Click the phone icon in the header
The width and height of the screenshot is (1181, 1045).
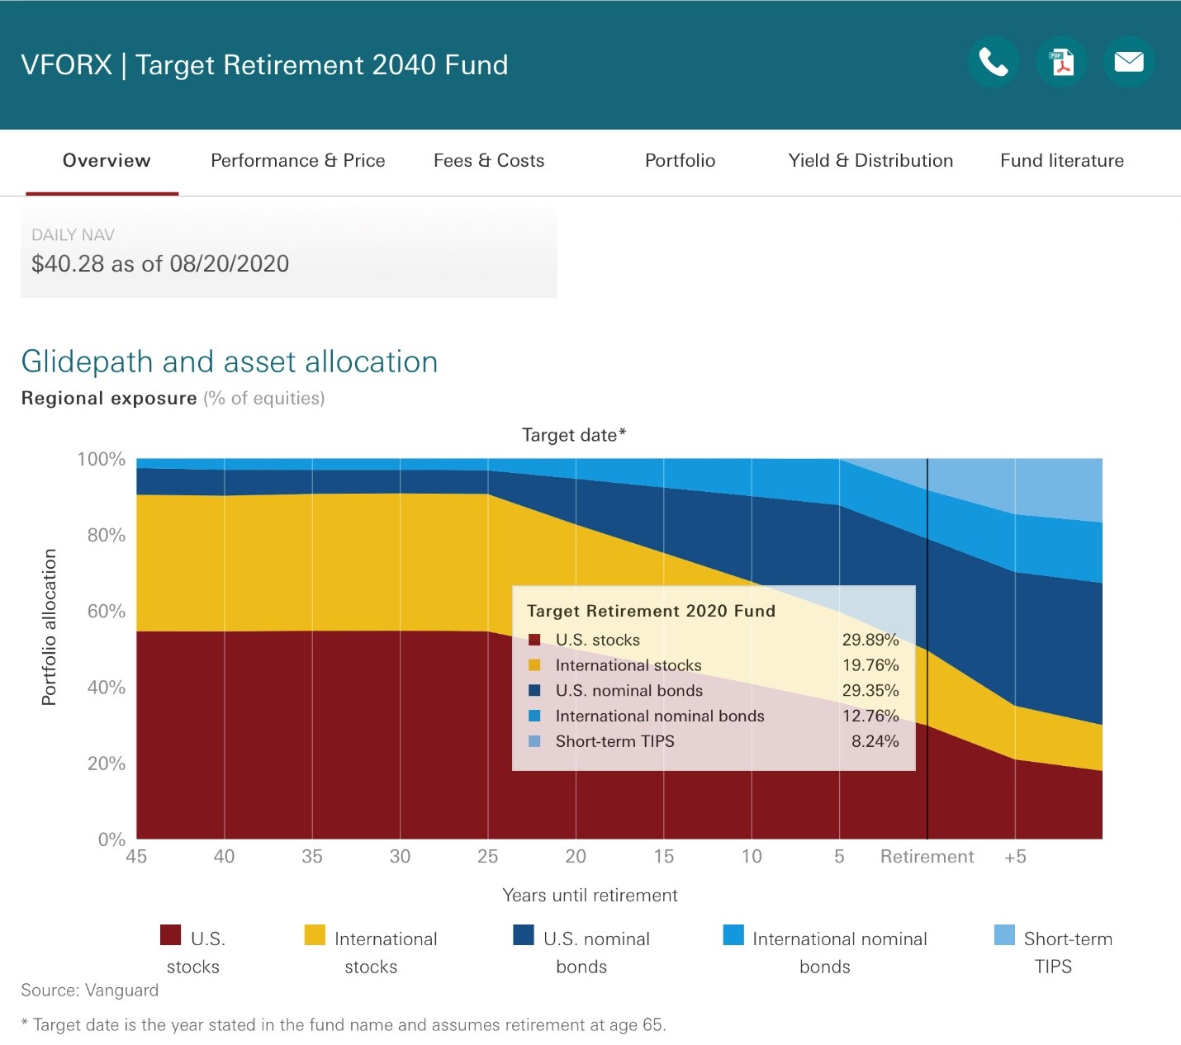click(994, 62)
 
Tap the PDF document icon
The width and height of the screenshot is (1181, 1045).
click(1061, 62)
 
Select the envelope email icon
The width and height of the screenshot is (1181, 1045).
click(1128, 62)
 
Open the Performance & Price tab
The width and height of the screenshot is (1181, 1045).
click(298, 160)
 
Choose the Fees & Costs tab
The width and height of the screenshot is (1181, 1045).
click(489, 160)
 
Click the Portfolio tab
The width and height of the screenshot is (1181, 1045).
click(680, 160)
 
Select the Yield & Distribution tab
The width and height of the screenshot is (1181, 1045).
click(871, 160)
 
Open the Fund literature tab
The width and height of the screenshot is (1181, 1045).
click(1062, 160)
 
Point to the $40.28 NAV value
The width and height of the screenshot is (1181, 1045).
click(68, 263)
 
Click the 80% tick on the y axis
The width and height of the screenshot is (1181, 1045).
click(106, 535)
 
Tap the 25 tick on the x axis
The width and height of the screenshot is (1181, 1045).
click(488, 856)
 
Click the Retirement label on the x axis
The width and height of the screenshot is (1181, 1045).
click(927, 856)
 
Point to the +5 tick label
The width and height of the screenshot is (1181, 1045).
click(1015, 856)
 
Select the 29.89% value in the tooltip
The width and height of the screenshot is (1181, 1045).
click(870, 640)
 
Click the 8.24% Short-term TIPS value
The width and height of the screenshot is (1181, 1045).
click(875, 740)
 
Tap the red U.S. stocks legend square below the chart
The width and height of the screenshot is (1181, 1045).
click(170, 934)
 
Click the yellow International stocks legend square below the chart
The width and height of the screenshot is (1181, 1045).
click(315, 934)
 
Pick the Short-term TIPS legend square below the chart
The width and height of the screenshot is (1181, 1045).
click(1004, 934)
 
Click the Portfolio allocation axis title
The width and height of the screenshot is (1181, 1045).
click(49, 627)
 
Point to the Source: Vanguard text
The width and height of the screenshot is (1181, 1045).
click(90, 991)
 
